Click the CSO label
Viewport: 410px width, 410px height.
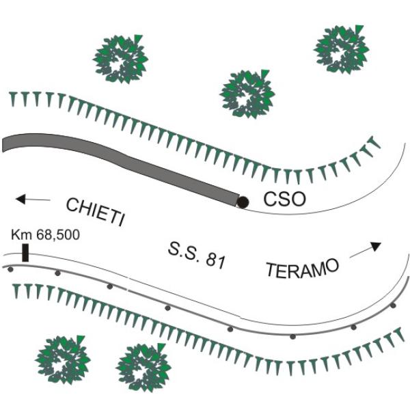[284, 200]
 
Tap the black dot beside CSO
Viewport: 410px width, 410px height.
[243, 202]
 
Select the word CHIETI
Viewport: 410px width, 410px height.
[95, 212]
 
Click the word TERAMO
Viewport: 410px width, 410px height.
[303, 267]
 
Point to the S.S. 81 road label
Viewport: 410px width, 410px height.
[196, 256]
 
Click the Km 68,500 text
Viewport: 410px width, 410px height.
[45, 234]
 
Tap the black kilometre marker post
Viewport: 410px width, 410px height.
[25, 253]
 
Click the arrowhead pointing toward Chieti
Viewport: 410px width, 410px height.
[20, 200]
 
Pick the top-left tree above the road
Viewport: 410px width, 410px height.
[120, 59]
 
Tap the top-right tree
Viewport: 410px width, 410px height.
[342, 49]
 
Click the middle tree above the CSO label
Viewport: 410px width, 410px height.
[247, 94]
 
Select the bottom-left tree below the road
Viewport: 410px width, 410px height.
[63, 360]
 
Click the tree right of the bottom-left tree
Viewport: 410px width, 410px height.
[143, 368]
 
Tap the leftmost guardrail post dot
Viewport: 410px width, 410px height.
[10, 269]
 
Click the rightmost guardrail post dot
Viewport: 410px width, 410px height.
[393, 305]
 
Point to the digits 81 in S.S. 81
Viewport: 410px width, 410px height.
[215, 261]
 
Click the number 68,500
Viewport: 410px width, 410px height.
[58, 235]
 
